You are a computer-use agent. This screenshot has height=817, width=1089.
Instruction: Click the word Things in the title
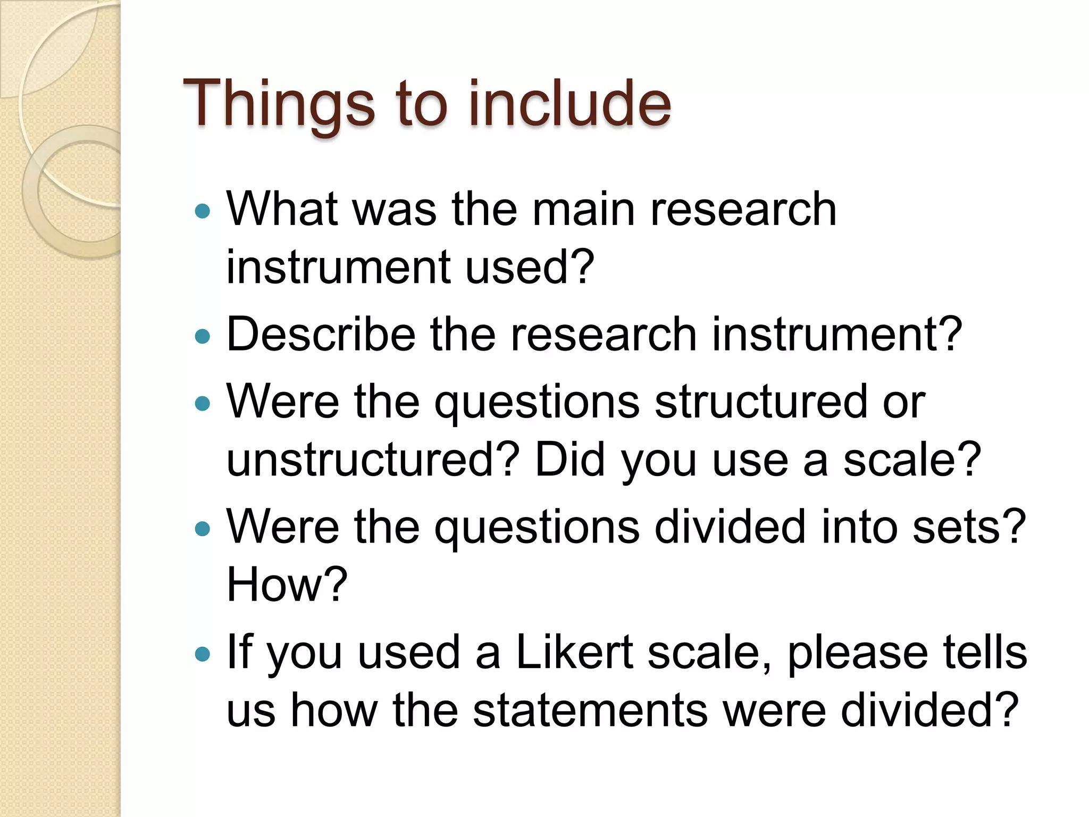pos(279,104)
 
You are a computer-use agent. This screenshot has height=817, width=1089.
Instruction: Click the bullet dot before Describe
pos(203,336)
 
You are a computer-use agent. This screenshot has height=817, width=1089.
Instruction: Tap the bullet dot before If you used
pos(203,654)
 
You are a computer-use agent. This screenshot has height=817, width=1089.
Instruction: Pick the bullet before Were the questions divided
pos(203,529)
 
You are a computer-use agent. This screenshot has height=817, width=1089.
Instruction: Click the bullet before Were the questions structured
pos(203,403)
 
